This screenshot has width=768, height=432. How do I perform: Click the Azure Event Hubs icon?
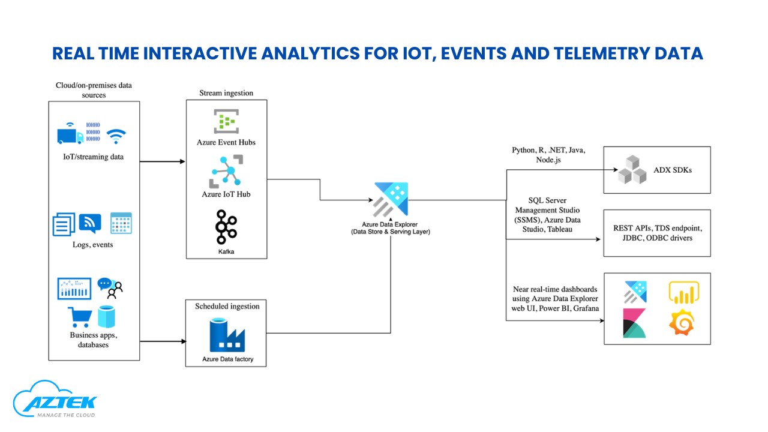pos(226,122)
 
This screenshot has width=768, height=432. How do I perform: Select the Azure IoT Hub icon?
pos(226,172)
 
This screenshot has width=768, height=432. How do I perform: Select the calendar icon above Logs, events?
pos(121,223)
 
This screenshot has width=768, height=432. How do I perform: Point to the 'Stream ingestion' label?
pos(226,93)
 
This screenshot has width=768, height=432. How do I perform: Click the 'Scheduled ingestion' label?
pos(227,306)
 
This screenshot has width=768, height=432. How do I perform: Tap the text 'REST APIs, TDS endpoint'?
pos(657,228)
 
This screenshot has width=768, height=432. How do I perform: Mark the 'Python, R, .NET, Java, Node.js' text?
pos(548,155)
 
